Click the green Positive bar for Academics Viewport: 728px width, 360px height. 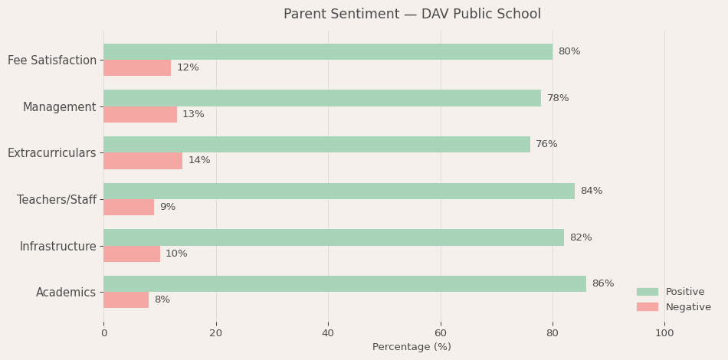345,284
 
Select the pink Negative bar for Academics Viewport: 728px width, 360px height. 126,300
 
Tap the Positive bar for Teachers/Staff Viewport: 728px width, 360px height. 339,191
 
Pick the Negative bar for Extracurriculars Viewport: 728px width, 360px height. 143,161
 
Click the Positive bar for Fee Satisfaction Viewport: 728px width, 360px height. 328,52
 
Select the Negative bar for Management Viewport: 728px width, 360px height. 140,114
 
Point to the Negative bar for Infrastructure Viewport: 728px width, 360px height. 132,254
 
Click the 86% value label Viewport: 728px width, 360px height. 603,284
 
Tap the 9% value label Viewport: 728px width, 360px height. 168,208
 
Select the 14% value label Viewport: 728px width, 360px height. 199,161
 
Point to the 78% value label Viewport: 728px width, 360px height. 558,99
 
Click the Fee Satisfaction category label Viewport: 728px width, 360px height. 52,61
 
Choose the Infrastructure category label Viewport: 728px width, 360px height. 58,247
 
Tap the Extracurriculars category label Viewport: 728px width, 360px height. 52,153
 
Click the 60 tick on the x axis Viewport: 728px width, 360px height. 441,333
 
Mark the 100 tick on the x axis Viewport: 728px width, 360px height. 664,333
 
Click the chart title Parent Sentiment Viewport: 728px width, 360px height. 412,15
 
